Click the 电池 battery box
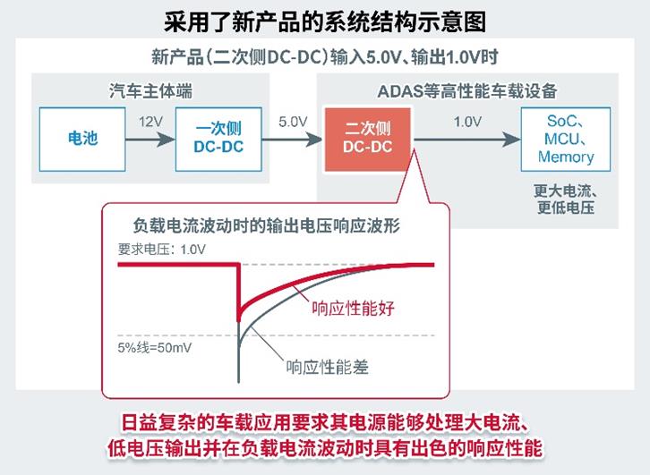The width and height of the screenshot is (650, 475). click(82, 139)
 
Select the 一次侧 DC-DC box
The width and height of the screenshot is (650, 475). click(218, 139)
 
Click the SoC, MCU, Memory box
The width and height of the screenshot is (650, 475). click(565, 139)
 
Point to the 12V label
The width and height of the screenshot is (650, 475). click(150, 121)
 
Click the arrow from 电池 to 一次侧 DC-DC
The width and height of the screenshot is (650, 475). click(150, 139)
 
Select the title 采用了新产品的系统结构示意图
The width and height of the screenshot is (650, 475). click(325, 20)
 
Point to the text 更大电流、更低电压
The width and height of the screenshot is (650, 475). click(565, 199)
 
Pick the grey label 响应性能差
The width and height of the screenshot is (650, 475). click(327, 367)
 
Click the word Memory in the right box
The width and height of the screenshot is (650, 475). click(566, 157)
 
